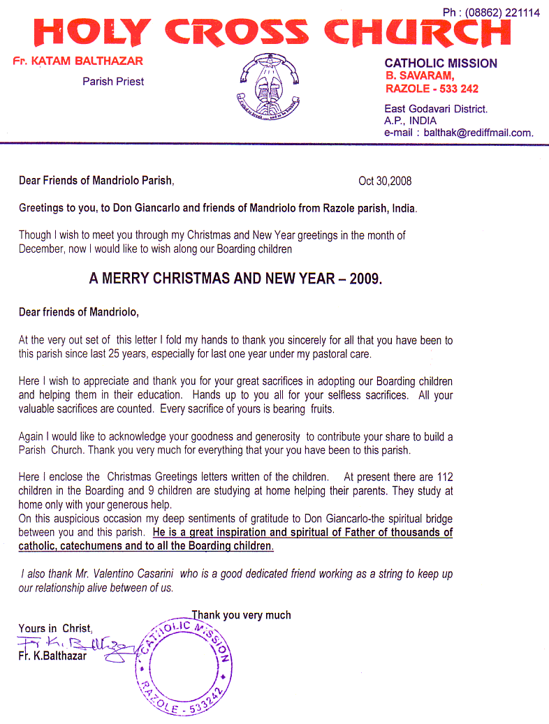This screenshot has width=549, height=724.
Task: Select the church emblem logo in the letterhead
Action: tap(269, 89)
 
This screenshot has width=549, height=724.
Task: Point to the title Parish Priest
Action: tap(113, 82)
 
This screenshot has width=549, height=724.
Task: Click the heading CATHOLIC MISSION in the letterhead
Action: tap(441, 64)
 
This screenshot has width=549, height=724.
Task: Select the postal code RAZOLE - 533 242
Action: tap(432, 89)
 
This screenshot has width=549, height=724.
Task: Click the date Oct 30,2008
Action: tap(385, 181)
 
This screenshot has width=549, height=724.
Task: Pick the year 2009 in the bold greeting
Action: tap(365, 278)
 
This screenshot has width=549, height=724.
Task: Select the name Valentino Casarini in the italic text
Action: tap(130, 574)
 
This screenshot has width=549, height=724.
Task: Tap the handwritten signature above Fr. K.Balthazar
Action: tap(70, 642)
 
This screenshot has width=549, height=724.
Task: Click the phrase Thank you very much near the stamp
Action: tap(242, 615)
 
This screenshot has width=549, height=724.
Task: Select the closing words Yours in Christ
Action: tap(55, 628)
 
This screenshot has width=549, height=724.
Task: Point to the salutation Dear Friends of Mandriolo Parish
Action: tap(96, 181)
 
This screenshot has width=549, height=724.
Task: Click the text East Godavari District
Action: tap(436, 109)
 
